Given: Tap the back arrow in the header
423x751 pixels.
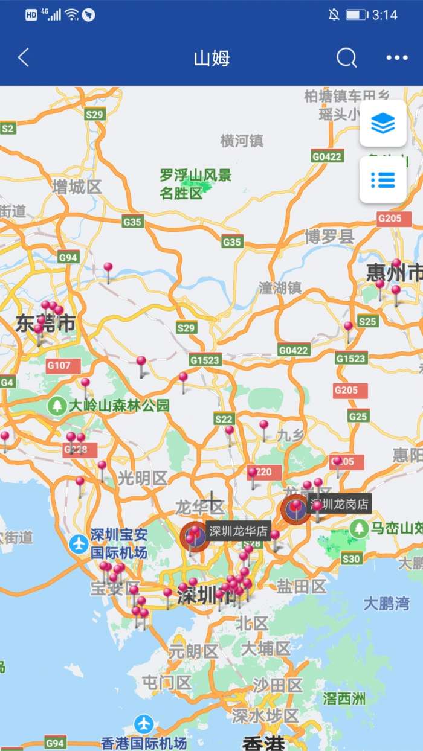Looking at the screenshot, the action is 23,58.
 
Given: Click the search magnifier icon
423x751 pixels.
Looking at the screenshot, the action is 346,58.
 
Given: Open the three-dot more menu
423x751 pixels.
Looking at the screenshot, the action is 397,58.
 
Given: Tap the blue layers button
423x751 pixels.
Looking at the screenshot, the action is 383,124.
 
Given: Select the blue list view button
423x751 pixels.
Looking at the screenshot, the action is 383,180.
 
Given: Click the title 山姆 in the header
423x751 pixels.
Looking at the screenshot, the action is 211,59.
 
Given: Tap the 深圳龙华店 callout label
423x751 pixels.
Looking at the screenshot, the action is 238,531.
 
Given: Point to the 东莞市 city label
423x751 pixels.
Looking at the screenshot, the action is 46,324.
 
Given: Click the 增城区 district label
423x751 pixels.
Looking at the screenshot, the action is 77,187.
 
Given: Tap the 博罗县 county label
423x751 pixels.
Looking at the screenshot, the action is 329,236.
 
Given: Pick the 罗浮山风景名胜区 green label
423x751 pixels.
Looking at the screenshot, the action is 195,184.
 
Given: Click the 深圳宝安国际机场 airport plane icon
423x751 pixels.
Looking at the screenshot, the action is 79,543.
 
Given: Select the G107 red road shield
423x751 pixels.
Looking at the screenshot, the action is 59,365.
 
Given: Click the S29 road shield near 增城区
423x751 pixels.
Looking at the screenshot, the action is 95,114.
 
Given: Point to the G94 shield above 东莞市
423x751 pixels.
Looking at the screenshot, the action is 68,257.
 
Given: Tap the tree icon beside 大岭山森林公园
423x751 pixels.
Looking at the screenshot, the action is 57,405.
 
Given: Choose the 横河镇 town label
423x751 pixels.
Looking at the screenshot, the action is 242,141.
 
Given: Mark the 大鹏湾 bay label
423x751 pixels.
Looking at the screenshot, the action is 386,603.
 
